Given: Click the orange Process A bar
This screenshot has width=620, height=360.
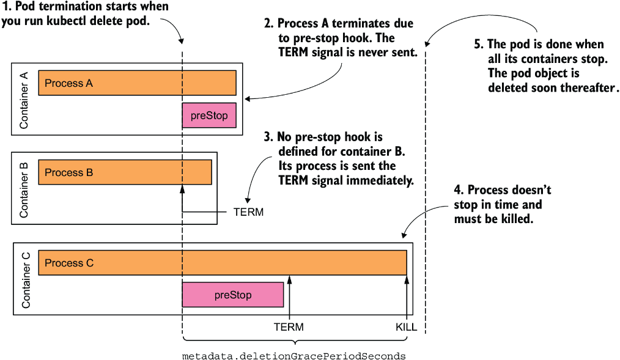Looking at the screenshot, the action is tap(137, 83).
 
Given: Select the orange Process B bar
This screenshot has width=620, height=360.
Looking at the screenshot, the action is tap(125, 172).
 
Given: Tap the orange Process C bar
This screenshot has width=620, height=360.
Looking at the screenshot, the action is tap(223, 263).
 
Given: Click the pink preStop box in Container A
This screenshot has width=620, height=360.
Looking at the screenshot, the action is tap(209, 116).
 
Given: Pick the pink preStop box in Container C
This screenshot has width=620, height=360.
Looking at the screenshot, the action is tap(233, 295).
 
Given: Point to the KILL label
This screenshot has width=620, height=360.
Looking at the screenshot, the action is tap(406, 327).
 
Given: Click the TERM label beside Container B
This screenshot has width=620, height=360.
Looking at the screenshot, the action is tap(248, 212).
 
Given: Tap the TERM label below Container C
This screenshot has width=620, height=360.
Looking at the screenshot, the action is tap(289, 327).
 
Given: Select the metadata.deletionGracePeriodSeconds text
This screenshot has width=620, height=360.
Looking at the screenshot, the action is tap(293, 356).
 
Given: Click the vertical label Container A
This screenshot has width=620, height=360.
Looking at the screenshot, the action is tap(24, 100).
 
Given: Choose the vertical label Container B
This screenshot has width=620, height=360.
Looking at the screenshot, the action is tap(24, 189).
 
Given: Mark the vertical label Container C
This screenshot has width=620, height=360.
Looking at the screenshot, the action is tap(26, 281).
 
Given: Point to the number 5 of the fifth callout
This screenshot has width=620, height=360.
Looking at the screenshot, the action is tap(478, 44).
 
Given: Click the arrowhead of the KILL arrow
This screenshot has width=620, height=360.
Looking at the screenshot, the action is tap(407, 280).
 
